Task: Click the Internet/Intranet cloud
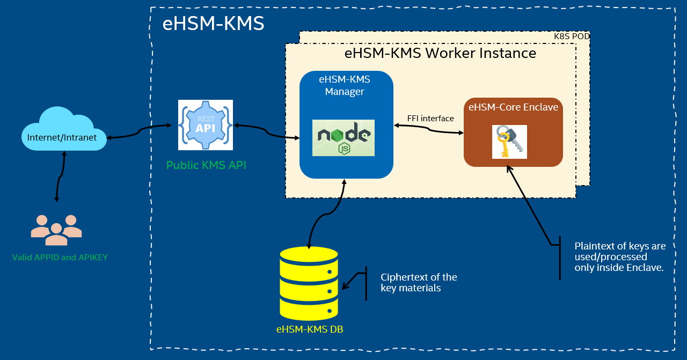point(62,132)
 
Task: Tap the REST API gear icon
point(206,125)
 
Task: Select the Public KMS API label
point(206,165)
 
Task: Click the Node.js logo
point(343,138)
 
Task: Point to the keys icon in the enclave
point(509,142)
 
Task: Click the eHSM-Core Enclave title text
point(513,107)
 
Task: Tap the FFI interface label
point(430,119)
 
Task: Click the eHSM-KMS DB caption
point(310,329)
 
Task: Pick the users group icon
point(56,230)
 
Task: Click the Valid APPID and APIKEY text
point(60,258)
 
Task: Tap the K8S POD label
point(572,36)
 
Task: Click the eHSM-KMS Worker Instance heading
point(440,53)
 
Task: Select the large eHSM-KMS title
point(213,24)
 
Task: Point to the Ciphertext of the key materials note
point(419,283)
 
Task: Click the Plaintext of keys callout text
point(620,256)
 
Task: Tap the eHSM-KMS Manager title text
point(345,85)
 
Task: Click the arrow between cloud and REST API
point(139,131)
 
